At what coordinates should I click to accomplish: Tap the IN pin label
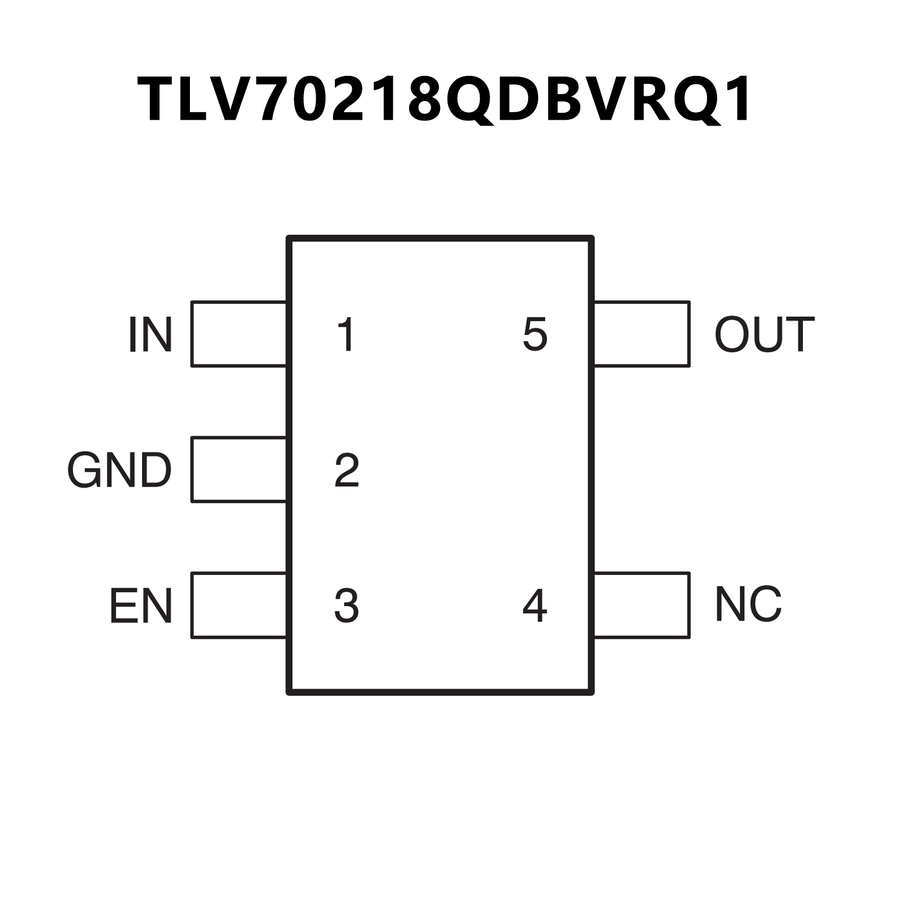[150, 335]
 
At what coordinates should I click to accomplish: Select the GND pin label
[120, 470]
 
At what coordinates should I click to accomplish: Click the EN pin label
[141, 606]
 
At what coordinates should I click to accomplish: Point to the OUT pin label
[764, 335]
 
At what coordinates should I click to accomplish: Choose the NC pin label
[749, 604]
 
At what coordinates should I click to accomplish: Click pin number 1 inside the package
[347, 335]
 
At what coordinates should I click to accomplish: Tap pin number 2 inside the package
[347, 470]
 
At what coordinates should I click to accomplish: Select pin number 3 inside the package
[347, 606]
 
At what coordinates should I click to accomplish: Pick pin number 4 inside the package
[535, 606]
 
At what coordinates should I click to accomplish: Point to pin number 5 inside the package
[535, 335]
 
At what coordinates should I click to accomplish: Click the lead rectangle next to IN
[238, 334]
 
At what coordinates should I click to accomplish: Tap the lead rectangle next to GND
[238, 469]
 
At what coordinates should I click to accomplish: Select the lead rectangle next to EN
[238, 605]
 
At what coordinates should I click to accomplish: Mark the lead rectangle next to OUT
[642, 334]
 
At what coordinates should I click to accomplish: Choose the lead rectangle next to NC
[642, 605]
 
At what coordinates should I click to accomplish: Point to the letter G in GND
[85, 470]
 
